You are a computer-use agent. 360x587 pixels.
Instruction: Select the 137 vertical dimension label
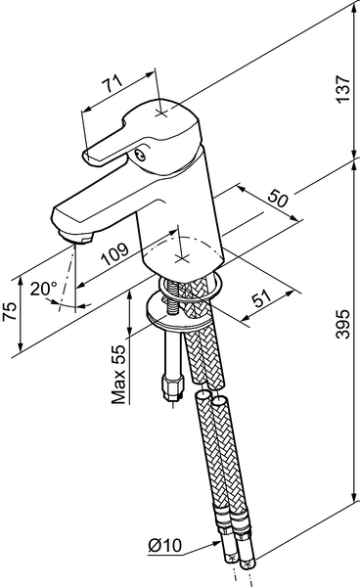[x=342, y=89]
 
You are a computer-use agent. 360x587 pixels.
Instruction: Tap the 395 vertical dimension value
[x=342, y=324]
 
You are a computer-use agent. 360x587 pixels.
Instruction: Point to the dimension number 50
[x=279, y=198]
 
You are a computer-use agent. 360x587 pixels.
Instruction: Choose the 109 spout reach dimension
[x=115, y=254]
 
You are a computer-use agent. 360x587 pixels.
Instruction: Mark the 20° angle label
[x=44, y=289]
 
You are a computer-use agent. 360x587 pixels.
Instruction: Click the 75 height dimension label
[x=10, y=311]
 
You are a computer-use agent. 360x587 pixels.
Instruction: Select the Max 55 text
[x=118, y=375]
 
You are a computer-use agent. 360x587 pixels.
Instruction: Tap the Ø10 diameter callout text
[x=165, y=546]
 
